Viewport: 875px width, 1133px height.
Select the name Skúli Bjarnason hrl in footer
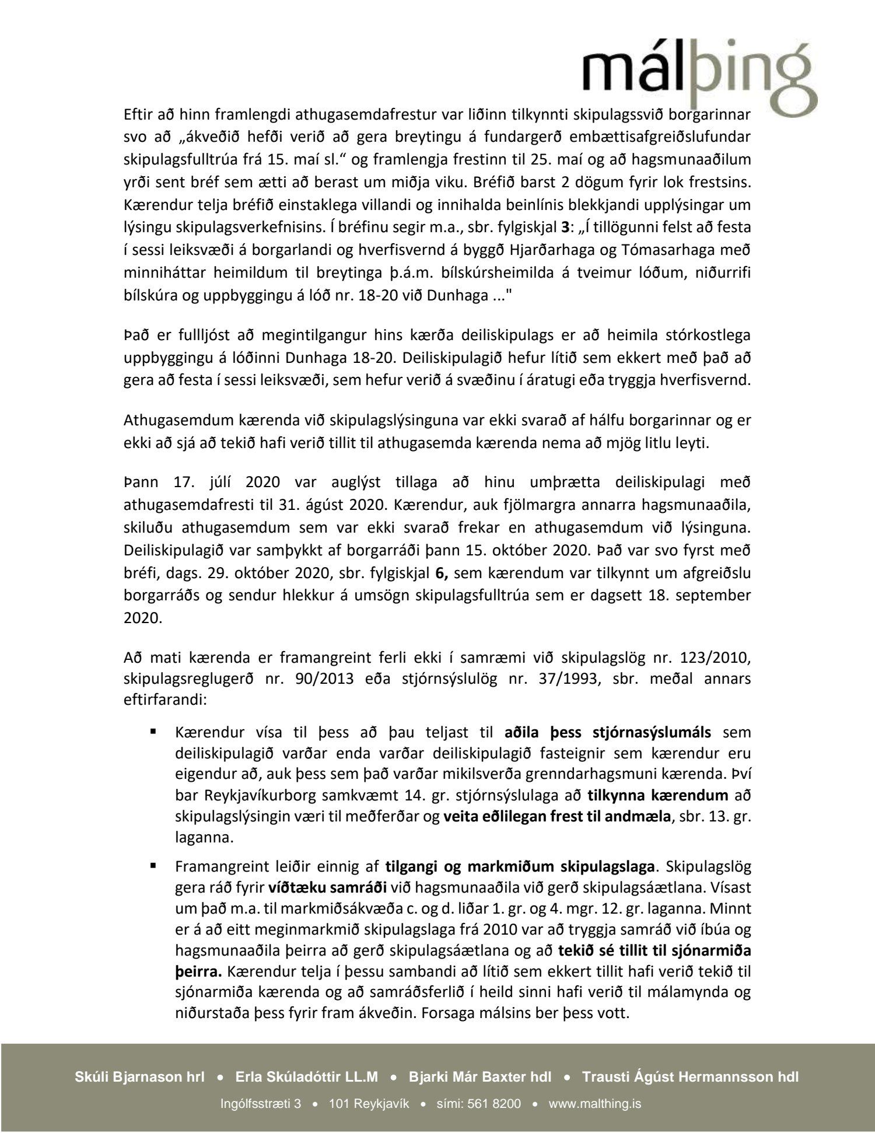[139, 1077]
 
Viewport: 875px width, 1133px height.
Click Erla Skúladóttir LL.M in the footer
[307, 1077]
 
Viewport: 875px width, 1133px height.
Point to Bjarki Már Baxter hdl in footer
[480, 1077]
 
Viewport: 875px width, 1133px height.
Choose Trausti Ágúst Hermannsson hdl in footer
[690, 1077]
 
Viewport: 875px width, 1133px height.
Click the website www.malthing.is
[595, 1104]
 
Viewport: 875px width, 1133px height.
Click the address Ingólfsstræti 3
[261, 1104]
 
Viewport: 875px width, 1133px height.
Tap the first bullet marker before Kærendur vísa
[155, 732]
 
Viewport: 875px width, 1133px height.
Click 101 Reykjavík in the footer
[369, 1104]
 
